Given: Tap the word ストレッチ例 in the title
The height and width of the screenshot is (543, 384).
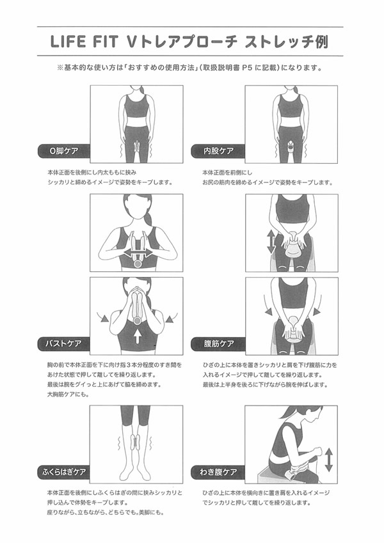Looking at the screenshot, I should point(278,43).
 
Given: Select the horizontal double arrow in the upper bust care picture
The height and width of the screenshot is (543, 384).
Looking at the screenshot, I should point(138,254).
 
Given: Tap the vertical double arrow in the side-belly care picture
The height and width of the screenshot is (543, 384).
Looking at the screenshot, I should point(327,460).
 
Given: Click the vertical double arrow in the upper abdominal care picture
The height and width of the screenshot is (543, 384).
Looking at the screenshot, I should point(270,241).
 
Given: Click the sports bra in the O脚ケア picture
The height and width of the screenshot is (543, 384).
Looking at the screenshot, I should point(136,106).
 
